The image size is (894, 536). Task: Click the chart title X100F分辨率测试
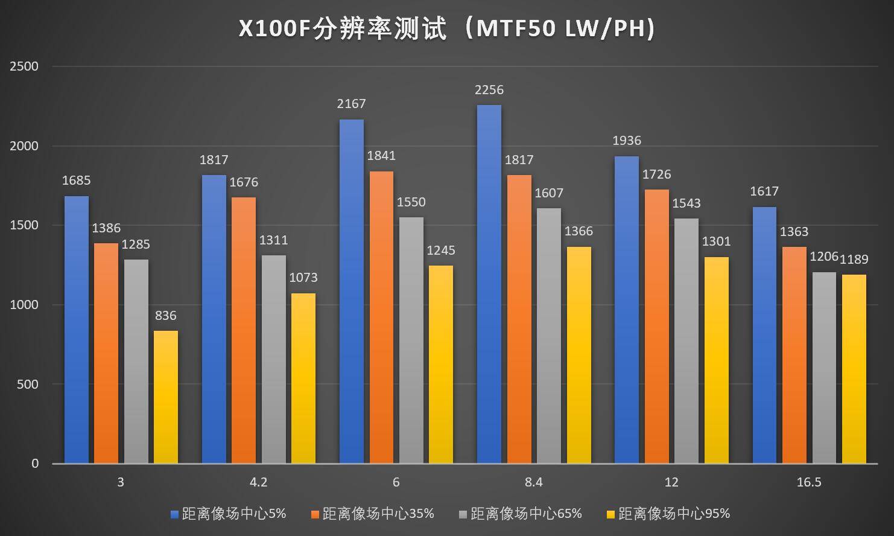click(x=446, y=28)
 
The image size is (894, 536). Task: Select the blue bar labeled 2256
click(x=489, y=284)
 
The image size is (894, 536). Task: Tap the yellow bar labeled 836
click(x=166, y=397)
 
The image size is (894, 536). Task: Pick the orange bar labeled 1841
click(x=381, y=317)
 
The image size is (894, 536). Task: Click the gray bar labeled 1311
click(x=273, y=359)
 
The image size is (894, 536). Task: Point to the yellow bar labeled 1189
click(x=854, y=369)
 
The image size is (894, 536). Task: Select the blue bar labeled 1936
click(x=626, y=310)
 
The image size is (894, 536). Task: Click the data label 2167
click(x=352, y=104)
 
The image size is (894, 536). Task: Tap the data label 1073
click(x=303, y=278)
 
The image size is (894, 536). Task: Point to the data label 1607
click(x=549, y=193)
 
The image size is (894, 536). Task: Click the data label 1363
click(x=794, y=232)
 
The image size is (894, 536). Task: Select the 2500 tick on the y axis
click(x=24, y=66)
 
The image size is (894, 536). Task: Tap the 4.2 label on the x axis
click(x=258, y=482)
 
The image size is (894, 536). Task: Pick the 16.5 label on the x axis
click(x=809, y=482)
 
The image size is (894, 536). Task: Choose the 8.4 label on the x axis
click(x=534, y=482)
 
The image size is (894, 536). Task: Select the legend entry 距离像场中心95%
click(x=674, y=514)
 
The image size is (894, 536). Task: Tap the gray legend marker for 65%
click(x=463, y=514)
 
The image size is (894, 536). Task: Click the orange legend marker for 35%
click(x=315, y=514)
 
